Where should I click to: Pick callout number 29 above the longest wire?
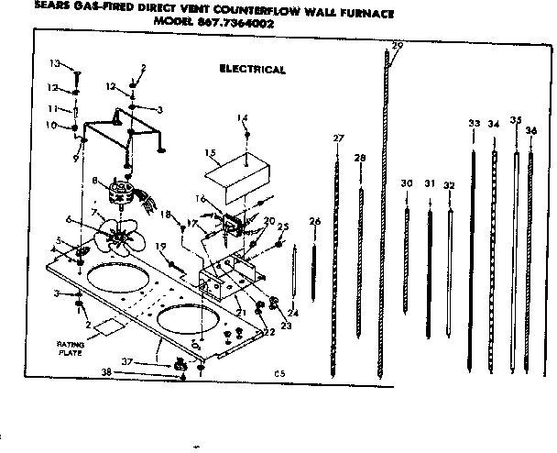click(x=397, y=46)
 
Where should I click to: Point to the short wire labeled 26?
click(x=314, y=266)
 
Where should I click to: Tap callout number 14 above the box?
click(x=243, y=117)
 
